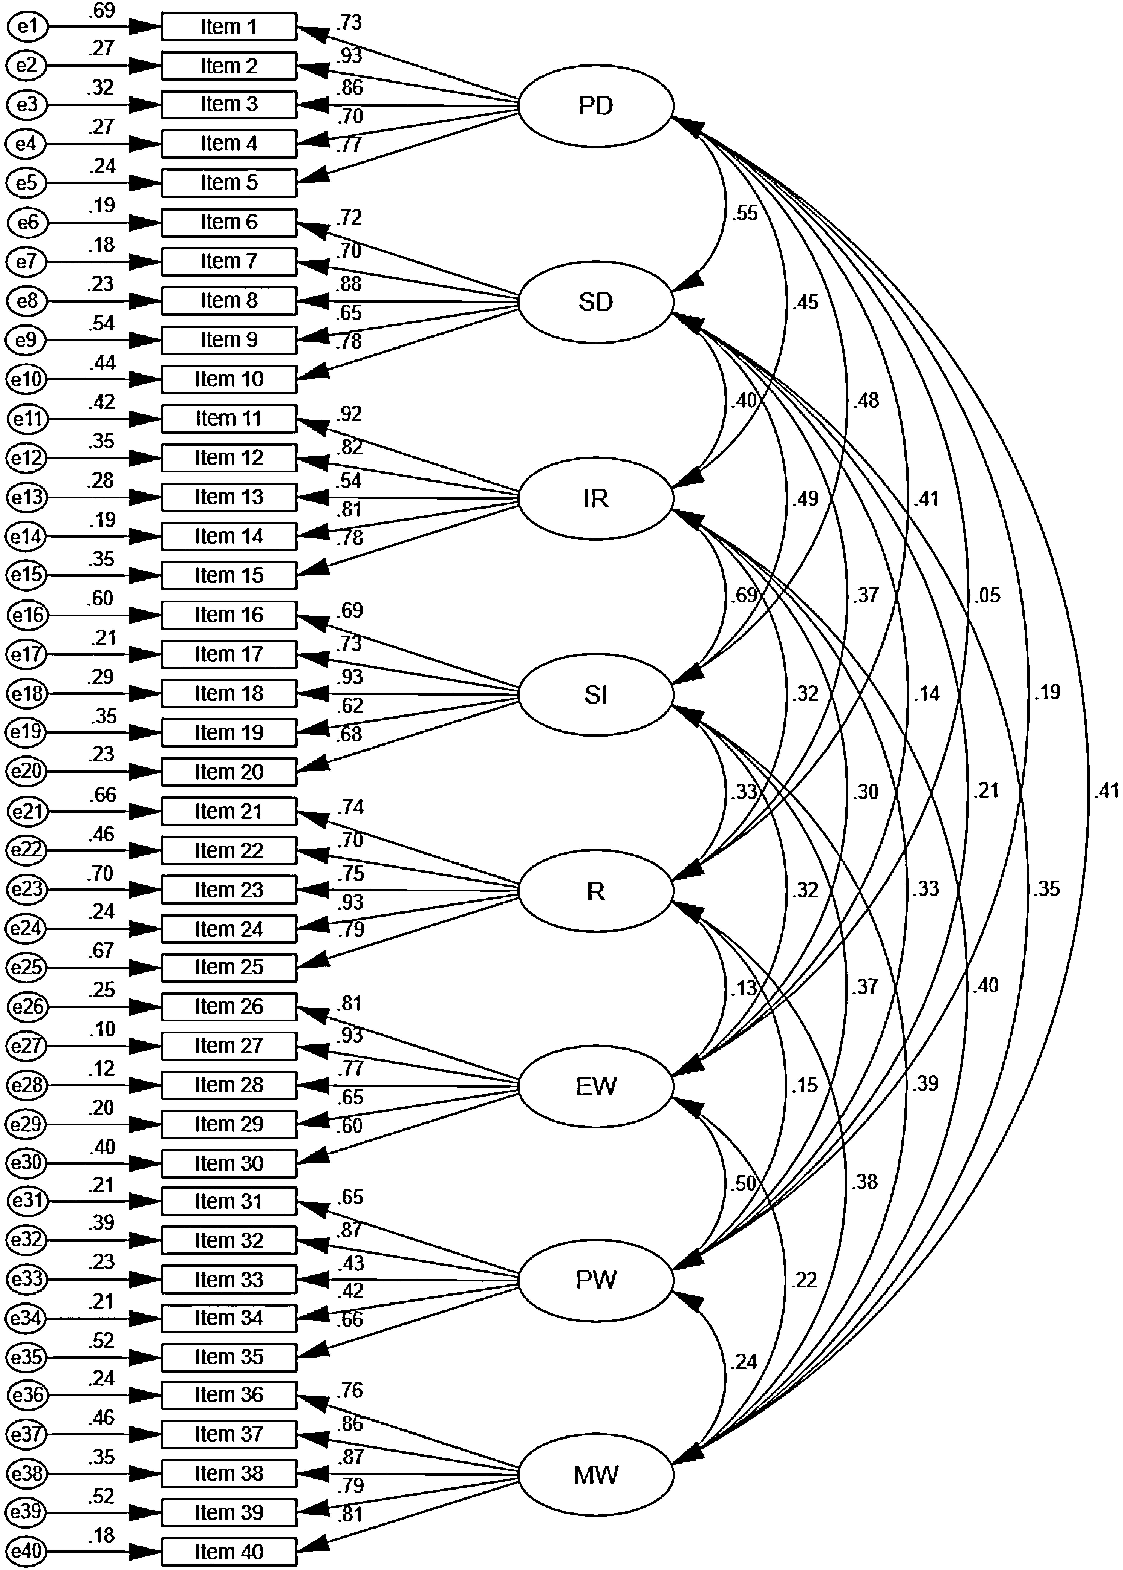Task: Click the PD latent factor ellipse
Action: [595, 106]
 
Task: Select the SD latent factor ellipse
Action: [595, 302]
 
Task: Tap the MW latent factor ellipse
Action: [595, 1475]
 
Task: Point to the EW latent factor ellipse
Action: [595, 1086]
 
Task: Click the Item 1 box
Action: [229, 27]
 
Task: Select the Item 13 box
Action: [229, 497]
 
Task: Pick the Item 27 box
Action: [229, 1046]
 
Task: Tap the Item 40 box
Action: [229, 1552]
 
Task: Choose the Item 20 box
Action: [229, 771]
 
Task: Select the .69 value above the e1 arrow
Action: [102, 10]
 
